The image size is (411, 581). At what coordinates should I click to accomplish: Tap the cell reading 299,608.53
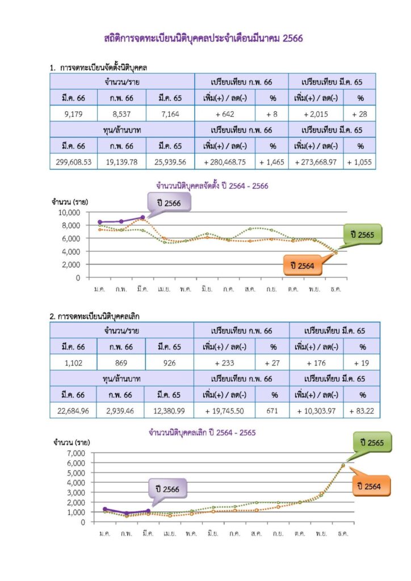tap(74, 162)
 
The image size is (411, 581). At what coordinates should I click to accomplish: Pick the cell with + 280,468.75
tap(225, 162)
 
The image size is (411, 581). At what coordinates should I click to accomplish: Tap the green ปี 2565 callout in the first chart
tap(362, 234)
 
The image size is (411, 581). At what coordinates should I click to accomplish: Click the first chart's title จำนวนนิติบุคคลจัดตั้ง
tap(212, 186)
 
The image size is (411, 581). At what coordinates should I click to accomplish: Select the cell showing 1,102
tap(74, 363)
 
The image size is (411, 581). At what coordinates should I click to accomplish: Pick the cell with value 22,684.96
tap(73, 410)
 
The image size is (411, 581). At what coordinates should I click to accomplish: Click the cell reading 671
tap(272, 410)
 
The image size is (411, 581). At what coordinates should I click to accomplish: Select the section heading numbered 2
tap(95, 316)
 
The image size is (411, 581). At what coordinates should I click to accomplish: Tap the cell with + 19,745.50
tap(225, 410)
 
